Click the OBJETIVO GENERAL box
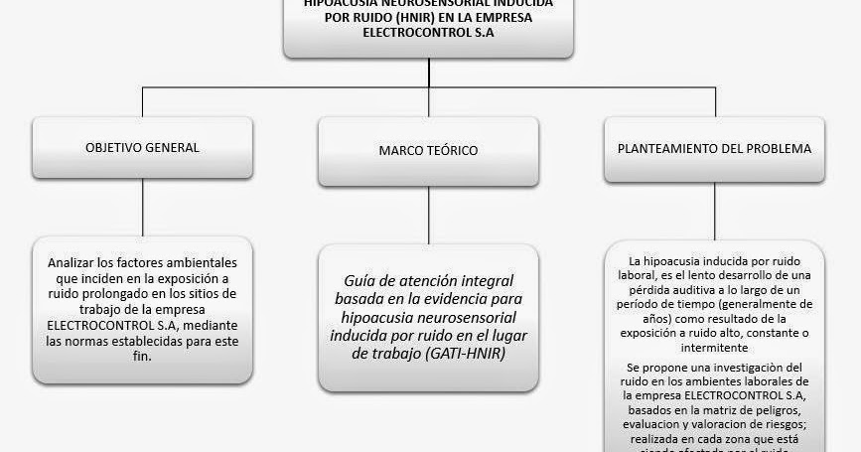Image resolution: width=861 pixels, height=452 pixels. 143,148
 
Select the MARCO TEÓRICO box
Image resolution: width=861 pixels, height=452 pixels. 428,151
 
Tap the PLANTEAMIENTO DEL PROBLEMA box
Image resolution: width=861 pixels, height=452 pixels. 714,149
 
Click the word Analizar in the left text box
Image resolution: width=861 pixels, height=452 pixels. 72,263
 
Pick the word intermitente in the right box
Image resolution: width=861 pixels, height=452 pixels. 714,351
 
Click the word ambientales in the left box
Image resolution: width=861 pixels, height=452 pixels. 199,263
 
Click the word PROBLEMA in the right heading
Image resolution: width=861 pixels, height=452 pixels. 781,149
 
